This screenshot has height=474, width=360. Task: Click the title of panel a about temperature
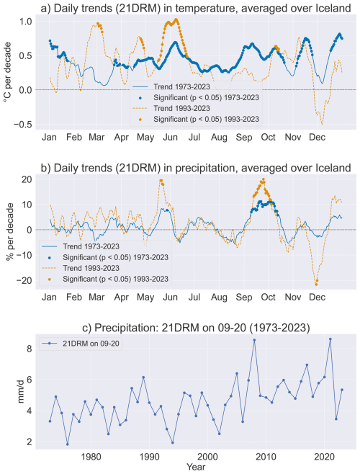(196, 8)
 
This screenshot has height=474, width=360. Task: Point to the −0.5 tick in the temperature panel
(22, 124)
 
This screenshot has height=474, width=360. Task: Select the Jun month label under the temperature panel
(170, 138)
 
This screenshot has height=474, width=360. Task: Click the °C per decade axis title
(7, 72)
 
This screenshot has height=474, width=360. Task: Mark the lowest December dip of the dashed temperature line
(322, 124)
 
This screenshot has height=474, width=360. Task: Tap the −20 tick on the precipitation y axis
(23, 280)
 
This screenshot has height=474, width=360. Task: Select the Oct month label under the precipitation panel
(268, 298)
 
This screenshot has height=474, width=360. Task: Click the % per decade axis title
(9, 232)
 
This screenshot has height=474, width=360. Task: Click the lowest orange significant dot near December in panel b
(316, 285)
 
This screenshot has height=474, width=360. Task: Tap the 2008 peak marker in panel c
(254, 340)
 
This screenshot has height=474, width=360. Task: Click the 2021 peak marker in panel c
(330, 339)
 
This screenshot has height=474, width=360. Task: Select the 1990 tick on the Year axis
(150, 457)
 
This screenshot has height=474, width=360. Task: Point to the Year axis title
(196, 467)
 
